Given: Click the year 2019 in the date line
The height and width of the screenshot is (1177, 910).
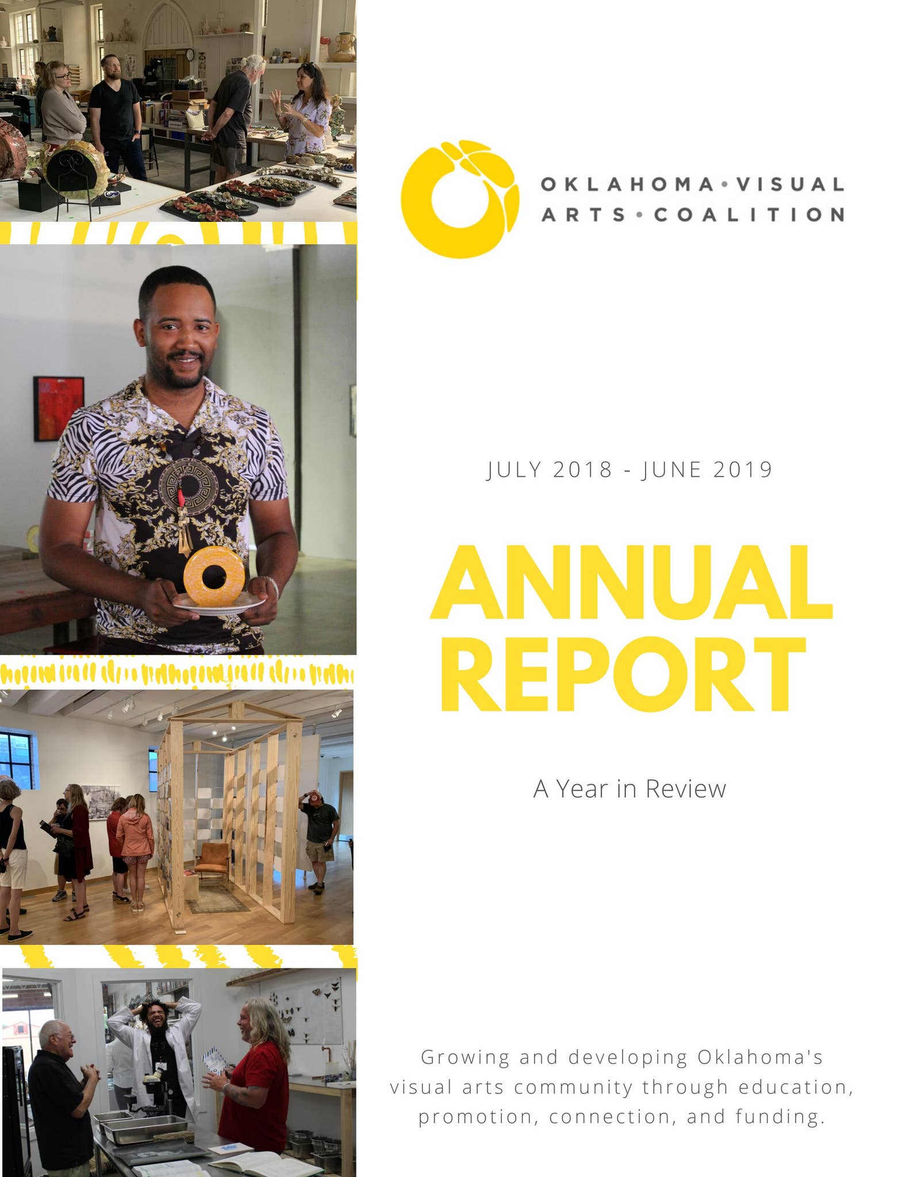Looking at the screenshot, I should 743,470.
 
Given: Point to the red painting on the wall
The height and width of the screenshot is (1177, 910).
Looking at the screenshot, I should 59,408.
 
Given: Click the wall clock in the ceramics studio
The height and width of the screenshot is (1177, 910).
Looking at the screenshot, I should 190,55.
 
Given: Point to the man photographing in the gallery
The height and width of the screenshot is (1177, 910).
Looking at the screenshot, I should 320,828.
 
